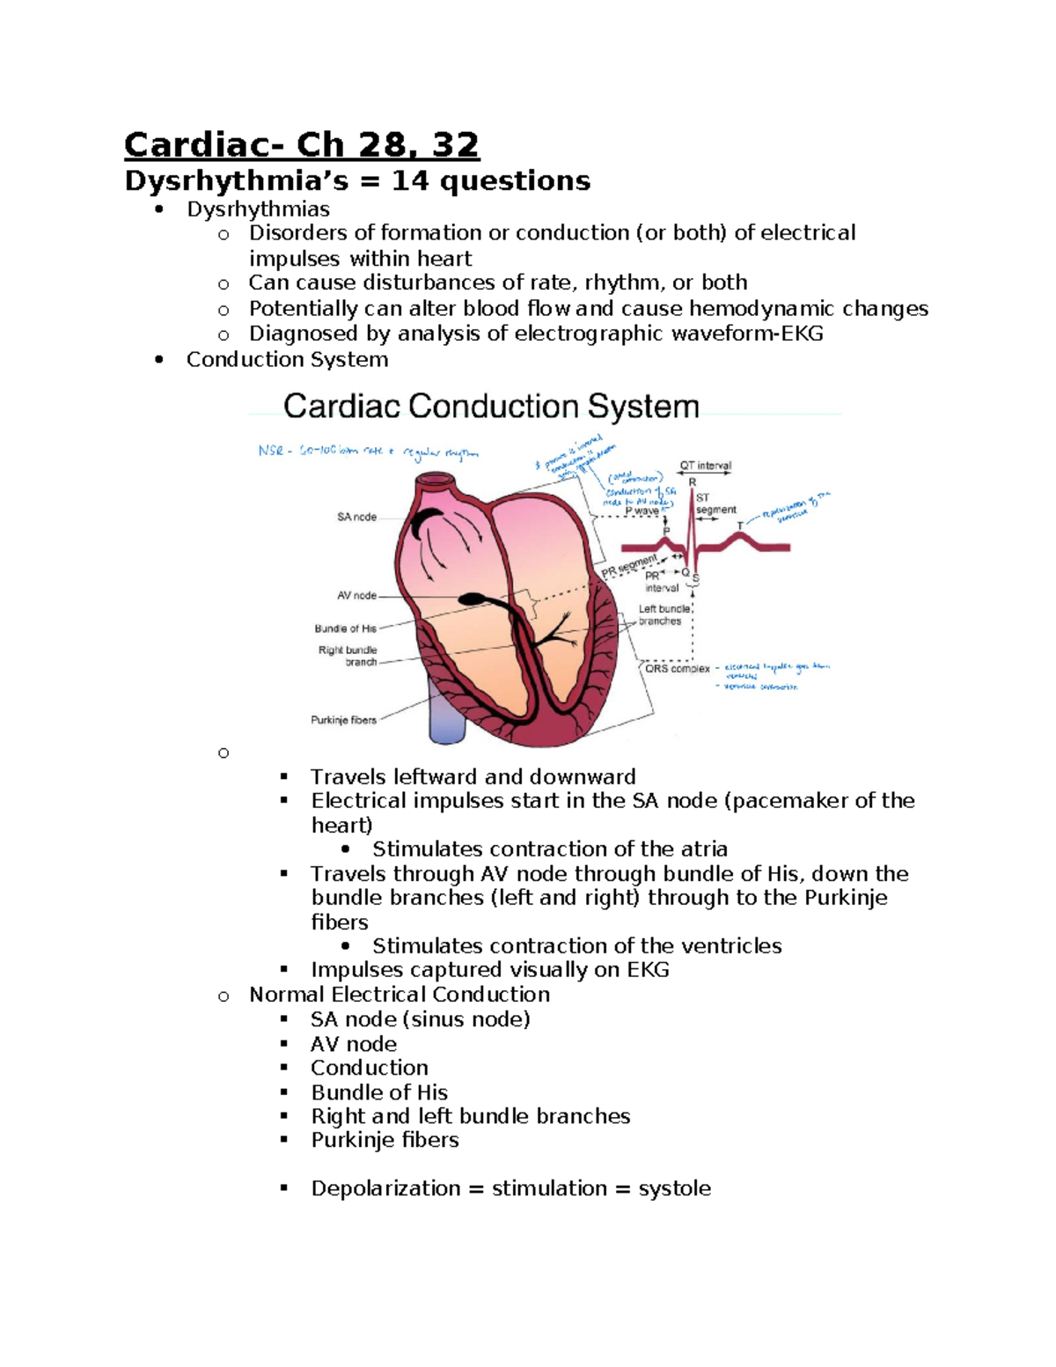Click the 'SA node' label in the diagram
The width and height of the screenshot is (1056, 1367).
[356, 517]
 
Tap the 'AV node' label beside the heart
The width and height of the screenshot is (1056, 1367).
[356, 596]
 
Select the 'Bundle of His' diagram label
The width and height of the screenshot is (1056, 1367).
[345, 628]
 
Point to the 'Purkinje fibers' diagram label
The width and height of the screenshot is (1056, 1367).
[343, 720]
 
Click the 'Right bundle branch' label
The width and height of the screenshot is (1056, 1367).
[348, 656]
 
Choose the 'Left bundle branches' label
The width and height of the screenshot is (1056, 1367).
[664, 614]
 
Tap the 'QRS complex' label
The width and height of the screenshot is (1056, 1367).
[677, 669]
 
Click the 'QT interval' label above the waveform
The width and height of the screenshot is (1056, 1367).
[705, 466]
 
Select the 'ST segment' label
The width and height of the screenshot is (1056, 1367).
[715, 503]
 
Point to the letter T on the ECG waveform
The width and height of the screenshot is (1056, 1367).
[740, 525]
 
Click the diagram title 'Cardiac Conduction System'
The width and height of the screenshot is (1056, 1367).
[491, 407]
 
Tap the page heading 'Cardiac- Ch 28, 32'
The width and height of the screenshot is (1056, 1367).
[302, 144]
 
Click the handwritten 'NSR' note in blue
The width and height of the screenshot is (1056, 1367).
[271, 451]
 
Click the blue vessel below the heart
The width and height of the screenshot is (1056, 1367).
[446, 713]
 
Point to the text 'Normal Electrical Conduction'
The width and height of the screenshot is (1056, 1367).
[400, 995]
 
